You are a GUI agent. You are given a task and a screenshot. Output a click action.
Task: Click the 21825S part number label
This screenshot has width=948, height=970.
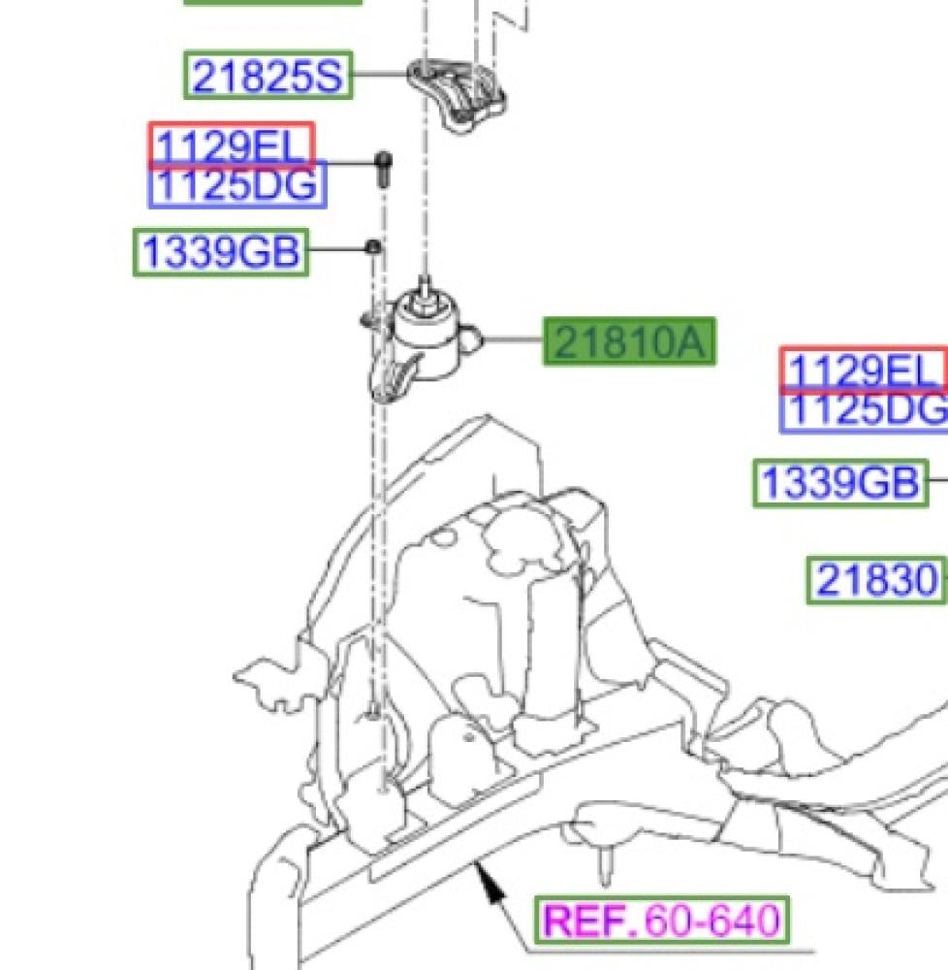[269, 75]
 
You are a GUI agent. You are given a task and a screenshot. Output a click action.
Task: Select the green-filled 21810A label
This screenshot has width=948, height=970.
[629, 341]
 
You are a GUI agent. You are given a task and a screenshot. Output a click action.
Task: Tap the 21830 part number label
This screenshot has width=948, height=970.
[876, 580]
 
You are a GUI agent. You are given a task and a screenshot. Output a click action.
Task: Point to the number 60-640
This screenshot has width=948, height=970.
[711, 920]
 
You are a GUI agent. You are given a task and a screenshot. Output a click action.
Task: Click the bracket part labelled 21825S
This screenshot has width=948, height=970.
[457, 94]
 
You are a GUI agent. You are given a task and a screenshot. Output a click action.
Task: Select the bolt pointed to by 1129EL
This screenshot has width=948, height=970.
[384, 168]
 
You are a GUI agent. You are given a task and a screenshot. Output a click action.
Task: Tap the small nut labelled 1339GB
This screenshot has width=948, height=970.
[373, 247]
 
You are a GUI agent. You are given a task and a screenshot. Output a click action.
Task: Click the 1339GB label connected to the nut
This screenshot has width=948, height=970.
[221, 252]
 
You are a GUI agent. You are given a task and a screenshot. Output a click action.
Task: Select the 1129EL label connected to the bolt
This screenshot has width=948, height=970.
[232, 145]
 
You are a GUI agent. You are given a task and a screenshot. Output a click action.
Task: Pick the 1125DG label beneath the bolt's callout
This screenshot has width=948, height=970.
[237, 184]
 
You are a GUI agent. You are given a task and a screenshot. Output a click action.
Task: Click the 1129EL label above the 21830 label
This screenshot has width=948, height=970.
[864, 370]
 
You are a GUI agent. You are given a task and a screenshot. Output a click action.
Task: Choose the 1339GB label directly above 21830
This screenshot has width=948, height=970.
[840, 482]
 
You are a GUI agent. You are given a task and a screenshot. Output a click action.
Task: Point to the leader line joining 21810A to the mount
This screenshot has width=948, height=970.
[513, 339]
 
